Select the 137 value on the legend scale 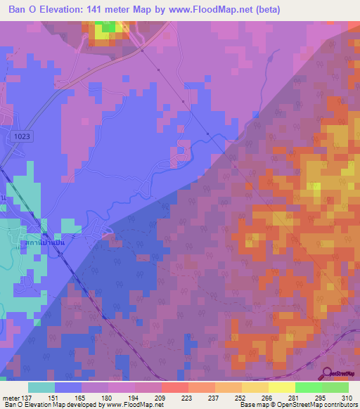pos(25,397)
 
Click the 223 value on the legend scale pos(187,397)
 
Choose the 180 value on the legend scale pos(106,397)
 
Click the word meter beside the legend pos(10,397)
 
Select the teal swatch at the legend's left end pos(41,387)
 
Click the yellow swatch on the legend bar pos(282,387)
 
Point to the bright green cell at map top pos(104,27)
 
